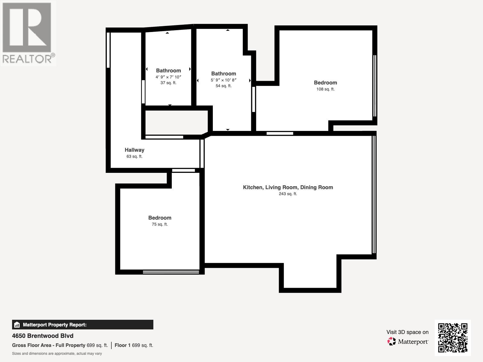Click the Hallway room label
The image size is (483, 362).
[x=134, y=150]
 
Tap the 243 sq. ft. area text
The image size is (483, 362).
[x=288, y=194]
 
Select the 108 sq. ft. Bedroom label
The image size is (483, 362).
[x=325, y=83]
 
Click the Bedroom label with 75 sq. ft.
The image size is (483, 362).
[x=159, y=218]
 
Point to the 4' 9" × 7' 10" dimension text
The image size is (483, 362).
[x=168, y=77]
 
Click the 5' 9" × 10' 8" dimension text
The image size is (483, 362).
[x=223, y=80]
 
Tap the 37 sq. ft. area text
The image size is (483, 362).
[x=168, y=83]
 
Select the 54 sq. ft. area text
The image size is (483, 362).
[x=223, y=86]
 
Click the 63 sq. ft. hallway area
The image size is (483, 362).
[x=134, y=156]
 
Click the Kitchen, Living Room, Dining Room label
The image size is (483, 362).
[x=288, y=187]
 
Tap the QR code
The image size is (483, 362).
[x=453, y=338]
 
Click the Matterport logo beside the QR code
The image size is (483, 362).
[x=408, y=341]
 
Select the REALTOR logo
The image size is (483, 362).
[x=28, y=33]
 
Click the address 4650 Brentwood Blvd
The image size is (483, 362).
[x=43, y=336]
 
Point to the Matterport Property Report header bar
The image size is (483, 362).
[x=82, y=325]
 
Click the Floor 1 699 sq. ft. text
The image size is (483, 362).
[x=134, y=345]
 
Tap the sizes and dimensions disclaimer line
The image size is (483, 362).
[x=57, y=354]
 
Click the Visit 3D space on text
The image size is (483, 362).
[x=407, y=332]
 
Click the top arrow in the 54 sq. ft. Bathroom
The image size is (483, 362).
[x=228, y=30]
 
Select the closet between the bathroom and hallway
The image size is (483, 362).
[x=177, y=122]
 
